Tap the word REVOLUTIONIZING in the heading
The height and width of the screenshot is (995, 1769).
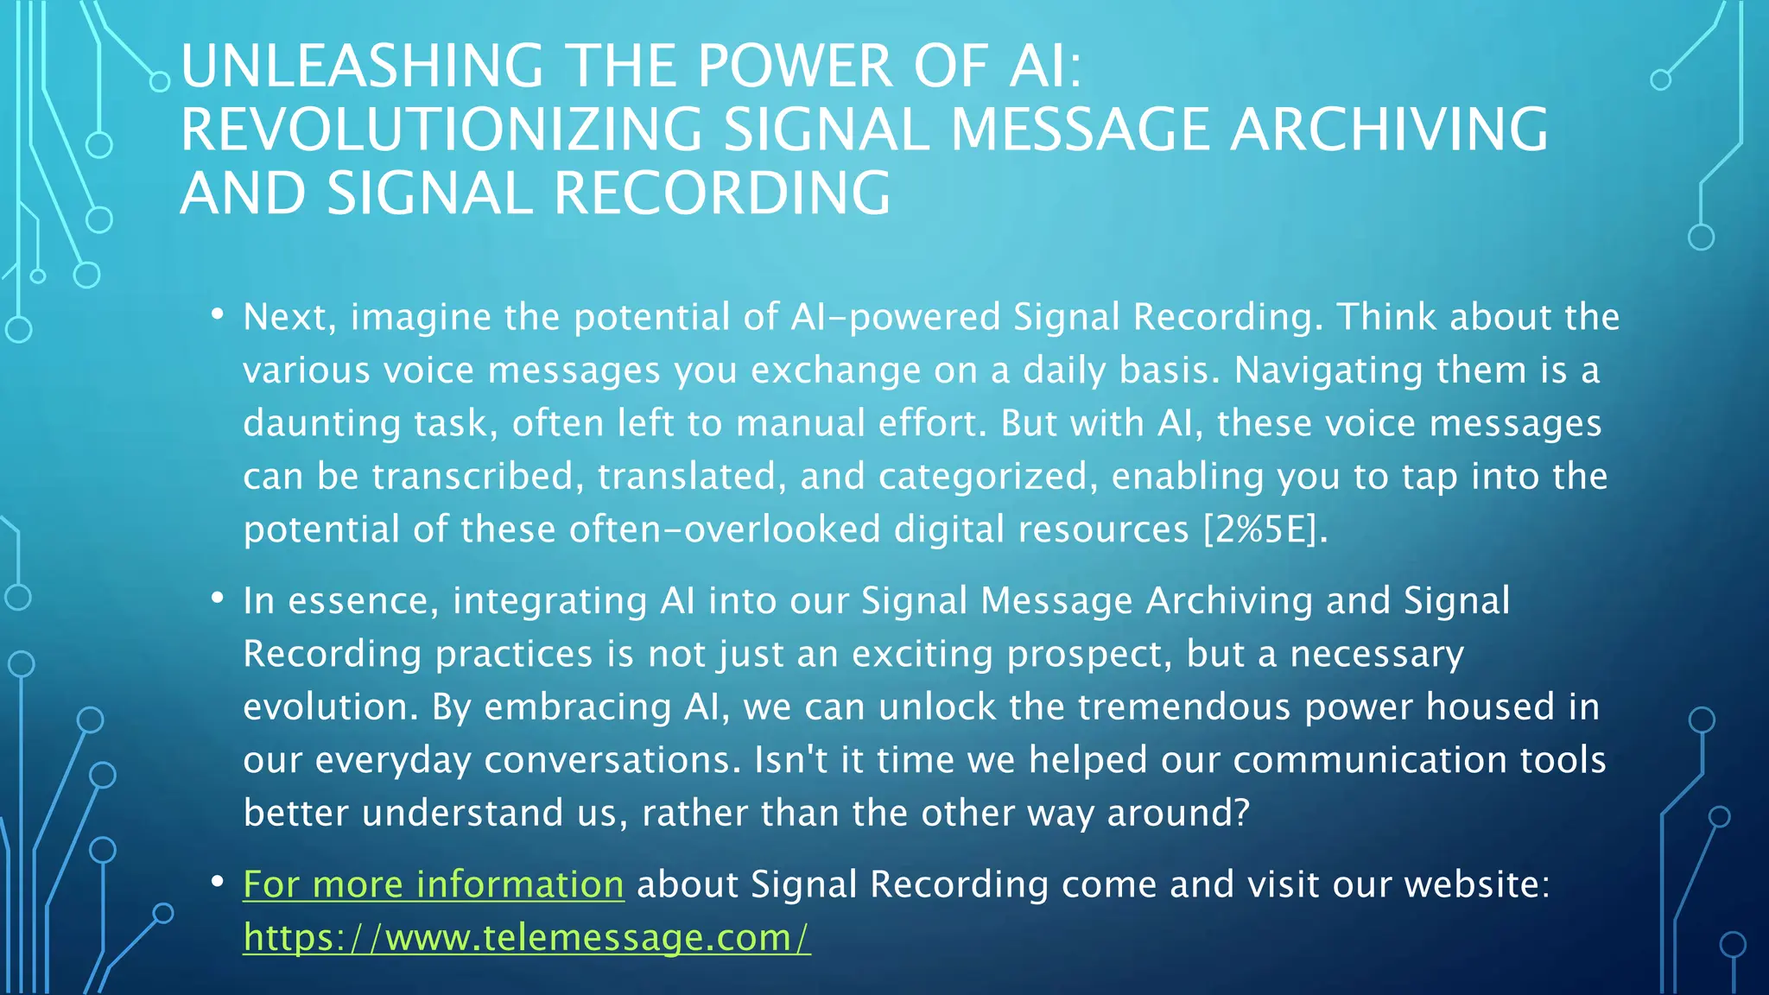tap(441, 130)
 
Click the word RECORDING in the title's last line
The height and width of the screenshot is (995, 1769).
tap(721, 193)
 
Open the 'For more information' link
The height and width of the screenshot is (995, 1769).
tap(433, 884)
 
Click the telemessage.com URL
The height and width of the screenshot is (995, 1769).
tap(527, 938)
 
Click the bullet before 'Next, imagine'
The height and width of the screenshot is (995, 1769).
tap(218, 314)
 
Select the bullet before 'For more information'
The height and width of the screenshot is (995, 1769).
tap(218, 881)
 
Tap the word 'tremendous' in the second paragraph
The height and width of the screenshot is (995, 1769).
tap(1184, 707)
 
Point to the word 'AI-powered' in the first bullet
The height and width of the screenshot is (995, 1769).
tap(895, 318)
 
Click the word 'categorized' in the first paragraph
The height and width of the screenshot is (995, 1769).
tap(987, 477)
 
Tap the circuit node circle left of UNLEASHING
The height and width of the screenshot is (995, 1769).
tap(160, 82)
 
